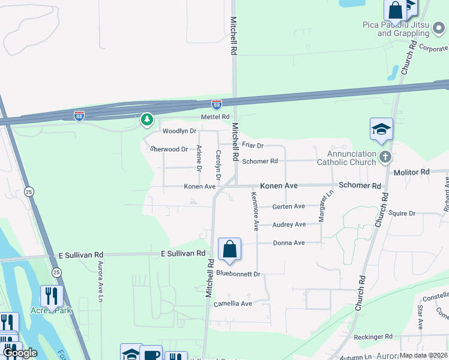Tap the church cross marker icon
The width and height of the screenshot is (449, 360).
point(385,157)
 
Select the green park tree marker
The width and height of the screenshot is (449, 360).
point(147,120)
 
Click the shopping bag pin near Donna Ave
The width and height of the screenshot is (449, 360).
point(229,249)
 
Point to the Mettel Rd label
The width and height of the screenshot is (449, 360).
point(215,116)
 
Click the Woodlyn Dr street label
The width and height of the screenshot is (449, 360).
point(179,131)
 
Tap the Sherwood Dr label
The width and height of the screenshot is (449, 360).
point(169,149)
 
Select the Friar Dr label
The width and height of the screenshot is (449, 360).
point(253,145)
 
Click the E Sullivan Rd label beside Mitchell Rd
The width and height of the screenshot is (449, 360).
point(183,254)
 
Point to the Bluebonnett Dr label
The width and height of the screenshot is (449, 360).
point(238,274)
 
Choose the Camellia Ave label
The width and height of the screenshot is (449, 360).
point(233,304)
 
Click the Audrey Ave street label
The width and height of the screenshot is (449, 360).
point(289,224)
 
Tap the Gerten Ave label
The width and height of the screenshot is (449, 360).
point(289,206)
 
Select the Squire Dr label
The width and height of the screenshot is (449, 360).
point(402,213)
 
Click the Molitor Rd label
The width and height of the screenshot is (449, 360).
point(412,172)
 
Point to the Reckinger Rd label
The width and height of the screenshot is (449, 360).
point(372,337)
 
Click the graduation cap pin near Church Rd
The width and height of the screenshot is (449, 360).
point(381,130)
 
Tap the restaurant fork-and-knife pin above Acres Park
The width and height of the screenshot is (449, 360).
point(52,296)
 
